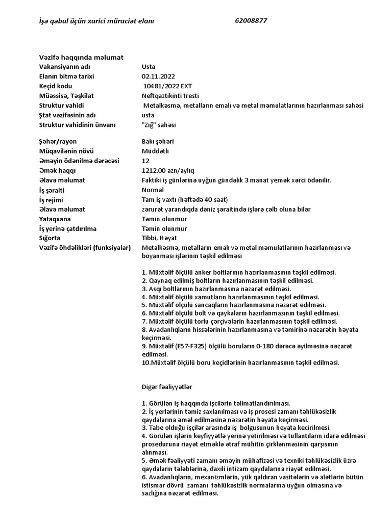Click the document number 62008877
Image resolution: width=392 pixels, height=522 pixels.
251,21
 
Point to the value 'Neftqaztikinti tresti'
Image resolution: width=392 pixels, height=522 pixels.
170,96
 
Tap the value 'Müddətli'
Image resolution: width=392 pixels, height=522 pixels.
155,151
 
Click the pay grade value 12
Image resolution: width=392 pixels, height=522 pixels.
145,161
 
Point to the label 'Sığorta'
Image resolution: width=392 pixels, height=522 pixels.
50,238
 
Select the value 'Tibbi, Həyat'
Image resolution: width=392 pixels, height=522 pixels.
159,238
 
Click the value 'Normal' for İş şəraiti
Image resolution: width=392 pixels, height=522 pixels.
153,190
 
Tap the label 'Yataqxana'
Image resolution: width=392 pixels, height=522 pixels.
54,219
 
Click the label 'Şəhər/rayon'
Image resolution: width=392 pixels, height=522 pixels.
57,141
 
